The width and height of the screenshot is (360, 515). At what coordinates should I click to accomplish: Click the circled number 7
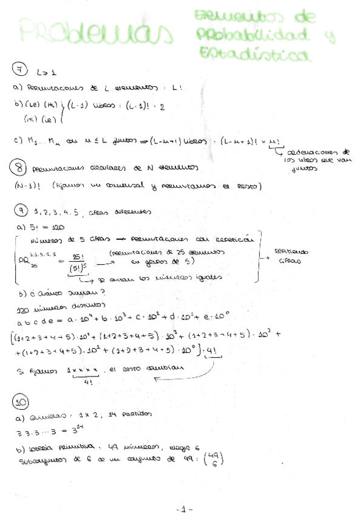tap(21, 68)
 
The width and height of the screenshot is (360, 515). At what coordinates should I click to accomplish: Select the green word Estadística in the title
tap(254, 54)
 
